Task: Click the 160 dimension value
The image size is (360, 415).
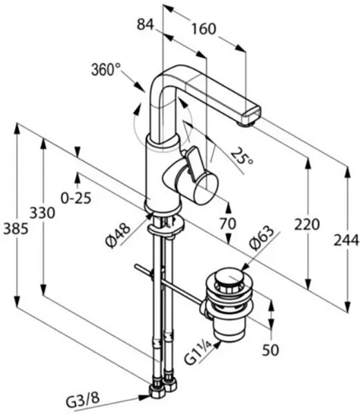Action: coord(204,28)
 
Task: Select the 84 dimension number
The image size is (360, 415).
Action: coord(145,25)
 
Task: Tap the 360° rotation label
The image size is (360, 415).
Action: coord(106,70)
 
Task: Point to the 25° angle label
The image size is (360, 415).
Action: coord(242,157)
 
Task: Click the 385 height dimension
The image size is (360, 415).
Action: coord(15,229)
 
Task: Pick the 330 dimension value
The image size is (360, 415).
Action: coord(42,213)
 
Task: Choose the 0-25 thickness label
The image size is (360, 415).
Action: coord(76,197)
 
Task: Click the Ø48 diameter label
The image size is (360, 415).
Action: coord(118,235)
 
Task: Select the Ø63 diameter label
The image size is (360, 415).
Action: coord(262,238)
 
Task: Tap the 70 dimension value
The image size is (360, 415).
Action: coord(228,223)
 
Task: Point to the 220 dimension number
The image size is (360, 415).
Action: coord(307,224)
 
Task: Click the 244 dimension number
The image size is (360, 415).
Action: coord(346,241)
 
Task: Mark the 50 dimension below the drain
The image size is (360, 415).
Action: coord(270,350)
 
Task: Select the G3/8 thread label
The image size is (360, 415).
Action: coord(83,399)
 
